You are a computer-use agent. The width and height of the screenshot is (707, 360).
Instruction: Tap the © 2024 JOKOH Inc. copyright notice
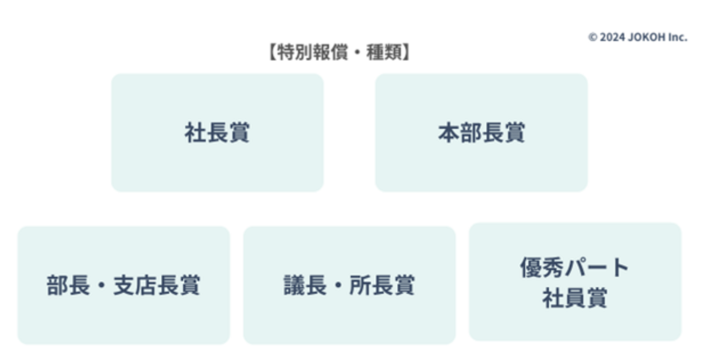(638, 37)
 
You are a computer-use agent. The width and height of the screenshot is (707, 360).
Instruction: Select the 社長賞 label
(217, 133)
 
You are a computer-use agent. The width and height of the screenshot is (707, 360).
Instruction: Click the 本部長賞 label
(481, 133)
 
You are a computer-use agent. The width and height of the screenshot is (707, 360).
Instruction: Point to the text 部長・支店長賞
(123, 285)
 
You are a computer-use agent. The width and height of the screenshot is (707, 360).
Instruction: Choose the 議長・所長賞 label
(349, 285)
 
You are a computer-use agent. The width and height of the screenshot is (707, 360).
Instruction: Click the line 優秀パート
(574, 268)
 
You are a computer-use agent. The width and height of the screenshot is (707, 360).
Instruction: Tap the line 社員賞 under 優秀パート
(574, 298)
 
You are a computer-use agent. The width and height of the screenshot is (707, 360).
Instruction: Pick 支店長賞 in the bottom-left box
(157, 285)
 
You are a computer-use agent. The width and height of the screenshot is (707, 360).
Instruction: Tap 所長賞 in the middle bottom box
(382, 285)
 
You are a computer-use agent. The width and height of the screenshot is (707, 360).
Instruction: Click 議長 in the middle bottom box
(300, 285)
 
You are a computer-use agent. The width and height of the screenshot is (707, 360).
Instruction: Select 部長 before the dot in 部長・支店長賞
(63, 285)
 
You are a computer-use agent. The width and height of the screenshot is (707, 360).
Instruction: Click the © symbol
(593, 37)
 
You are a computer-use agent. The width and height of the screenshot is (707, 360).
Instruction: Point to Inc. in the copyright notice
(678, 37)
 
